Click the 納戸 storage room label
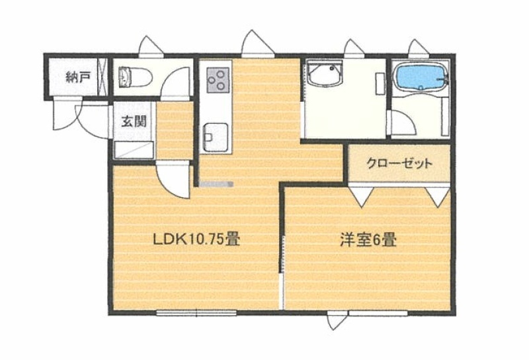pos(77,77)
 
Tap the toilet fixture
pos(136,77)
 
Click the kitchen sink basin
pos(216,138)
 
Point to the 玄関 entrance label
pos(134,121)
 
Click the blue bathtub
pos(421,77)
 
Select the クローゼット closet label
pos(399,163)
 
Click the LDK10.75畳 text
pos(196,239)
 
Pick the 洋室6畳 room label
pos(368,240)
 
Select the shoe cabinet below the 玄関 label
pos(134,150)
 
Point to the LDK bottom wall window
pos(196,313)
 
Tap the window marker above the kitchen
pos(258,43)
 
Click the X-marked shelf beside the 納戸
pos(102,77)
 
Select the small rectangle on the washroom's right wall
pos(380,84)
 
